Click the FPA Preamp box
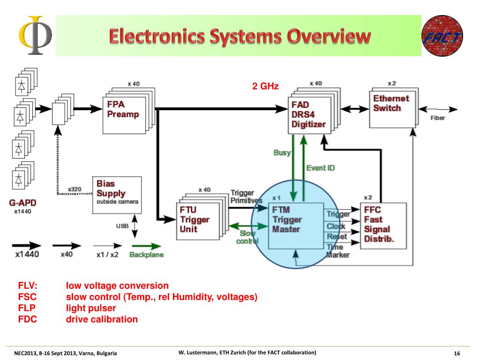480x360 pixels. pos(124,115)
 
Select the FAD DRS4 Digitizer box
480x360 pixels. pos(309,115)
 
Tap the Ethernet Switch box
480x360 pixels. pos(392,109)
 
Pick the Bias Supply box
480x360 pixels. pos(117,195)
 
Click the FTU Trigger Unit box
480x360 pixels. pos(198,221)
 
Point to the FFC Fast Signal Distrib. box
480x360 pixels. pos(383,226)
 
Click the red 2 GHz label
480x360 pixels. pos(265,86)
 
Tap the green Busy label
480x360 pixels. pos(282,152)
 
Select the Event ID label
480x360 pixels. pos(321,168)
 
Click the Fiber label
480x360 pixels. pos(437,118)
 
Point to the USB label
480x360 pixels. pos(122,226)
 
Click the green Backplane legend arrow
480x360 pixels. pos(146,246)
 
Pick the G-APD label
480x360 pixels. pos(22,202)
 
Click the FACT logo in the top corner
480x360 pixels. pos(442,36)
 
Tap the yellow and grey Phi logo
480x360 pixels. pos(36,35)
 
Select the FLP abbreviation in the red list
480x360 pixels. pos(27,308)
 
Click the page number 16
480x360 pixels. pos(457,353)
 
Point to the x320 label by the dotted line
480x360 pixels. pos(75,189)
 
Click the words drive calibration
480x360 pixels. pos(102,319)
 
